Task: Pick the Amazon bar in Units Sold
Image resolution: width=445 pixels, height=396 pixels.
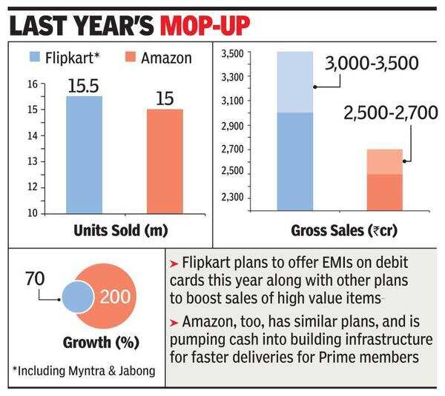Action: coord(159,161)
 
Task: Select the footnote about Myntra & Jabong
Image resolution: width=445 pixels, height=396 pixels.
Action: coord(83,370)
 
